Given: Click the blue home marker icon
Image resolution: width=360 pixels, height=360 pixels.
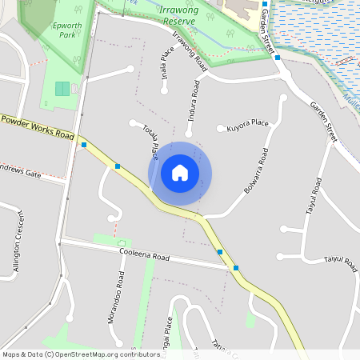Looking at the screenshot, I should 180,173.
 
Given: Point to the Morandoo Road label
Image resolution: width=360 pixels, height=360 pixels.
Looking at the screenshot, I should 117,296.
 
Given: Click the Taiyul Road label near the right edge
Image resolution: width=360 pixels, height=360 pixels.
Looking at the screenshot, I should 338,260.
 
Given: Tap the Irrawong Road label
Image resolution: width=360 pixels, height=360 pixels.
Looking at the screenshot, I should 190,54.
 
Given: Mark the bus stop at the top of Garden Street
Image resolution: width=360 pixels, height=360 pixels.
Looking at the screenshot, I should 264,5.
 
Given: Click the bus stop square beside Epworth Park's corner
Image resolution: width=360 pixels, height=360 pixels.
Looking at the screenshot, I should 84,145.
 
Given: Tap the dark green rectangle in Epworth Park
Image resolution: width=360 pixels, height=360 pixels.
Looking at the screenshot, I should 62,89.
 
